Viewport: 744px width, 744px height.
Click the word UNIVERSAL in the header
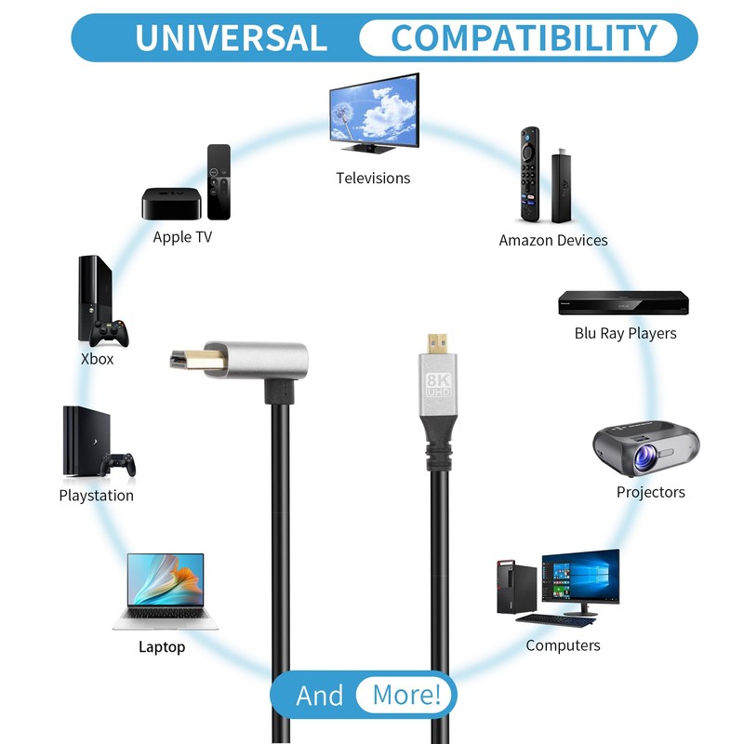(x=231, y=38)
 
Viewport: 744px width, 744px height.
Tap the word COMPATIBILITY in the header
(x=524, y=38)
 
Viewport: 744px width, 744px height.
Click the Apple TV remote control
(x=219, y=181)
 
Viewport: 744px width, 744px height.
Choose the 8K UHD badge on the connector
(x=436, y=387)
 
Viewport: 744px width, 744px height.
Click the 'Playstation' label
(x=97, y=496)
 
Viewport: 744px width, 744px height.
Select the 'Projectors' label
(x=651, y=492)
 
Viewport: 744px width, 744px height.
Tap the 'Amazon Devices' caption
(x=553, y=240)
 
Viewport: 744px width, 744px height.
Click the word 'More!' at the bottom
(x=406, y=695)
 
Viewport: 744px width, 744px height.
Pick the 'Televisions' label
(x=373, y=178)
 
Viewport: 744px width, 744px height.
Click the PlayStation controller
(x=118, y=462)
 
